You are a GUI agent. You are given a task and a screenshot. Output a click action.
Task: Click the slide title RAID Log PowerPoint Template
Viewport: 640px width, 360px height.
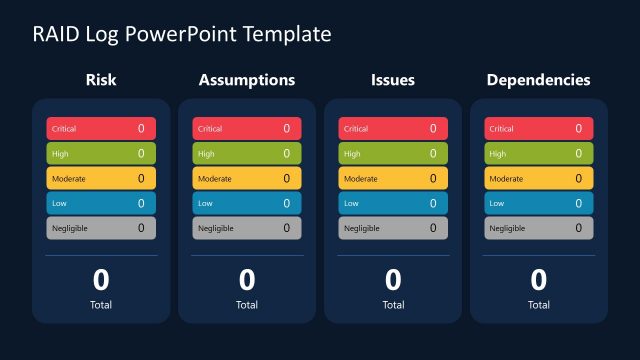(x=182, y=34)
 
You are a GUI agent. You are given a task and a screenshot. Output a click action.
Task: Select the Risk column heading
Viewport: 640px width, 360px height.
(x=101, y=80)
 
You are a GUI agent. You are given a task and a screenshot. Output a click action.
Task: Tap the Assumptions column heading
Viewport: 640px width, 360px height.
(x=247, y=80)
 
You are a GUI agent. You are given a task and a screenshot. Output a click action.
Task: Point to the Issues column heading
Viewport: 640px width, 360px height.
(x=393, y=80)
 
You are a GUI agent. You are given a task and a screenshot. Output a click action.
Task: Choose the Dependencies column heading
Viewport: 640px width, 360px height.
(x=538, y=80)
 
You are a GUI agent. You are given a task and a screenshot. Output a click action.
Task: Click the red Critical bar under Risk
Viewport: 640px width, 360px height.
(x=101, y=129)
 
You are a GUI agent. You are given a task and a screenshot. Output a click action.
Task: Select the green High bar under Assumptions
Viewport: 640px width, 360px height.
(x=247, y=154)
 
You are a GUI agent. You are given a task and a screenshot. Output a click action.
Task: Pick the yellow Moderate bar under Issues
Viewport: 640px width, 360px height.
(x=393, y=179)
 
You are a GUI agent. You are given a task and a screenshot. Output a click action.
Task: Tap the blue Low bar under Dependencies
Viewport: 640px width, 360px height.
(x=538, y=203)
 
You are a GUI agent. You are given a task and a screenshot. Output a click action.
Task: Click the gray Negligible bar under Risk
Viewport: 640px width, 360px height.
(x=101, y=228)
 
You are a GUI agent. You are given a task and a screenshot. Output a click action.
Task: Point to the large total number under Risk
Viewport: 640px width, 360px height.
(x=101, y=280)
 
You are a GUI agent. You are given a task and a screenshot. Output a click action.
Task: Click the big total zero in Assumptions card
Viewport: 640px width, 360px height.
(x=247, y=280)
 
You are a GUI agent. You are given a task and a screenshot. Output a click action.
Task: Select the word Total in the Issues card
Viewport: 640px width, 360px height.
(x=393, y=305)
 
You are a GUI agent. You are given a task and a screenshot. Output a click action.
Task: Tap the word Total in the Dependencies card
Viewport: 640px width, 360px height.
(x=538, y=305)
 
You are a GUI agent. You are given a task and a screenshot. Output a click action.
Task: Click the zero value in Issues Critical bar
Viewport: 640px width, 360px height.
(x=433, y=129)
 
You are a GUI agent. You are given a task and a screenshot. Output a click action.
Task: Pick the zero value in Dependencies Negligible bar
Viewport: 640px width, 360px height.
(x=578, y=228)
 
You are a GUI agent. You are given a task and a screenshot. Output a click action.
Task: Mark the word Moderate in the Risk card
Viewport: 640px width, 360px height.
(x=69, y=179)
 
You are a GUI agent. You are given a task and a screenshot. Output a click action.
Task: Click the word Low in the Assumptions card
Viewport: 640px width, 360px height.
(x=205, y=203)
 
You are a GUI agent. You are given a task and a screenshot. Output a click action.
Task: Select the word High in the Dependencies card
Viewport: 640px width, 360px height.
(x=498, y=154)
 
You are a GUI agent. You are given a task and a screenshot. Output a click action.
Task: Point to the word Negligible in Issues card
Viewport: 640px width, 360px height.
(x=361, y=228)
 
